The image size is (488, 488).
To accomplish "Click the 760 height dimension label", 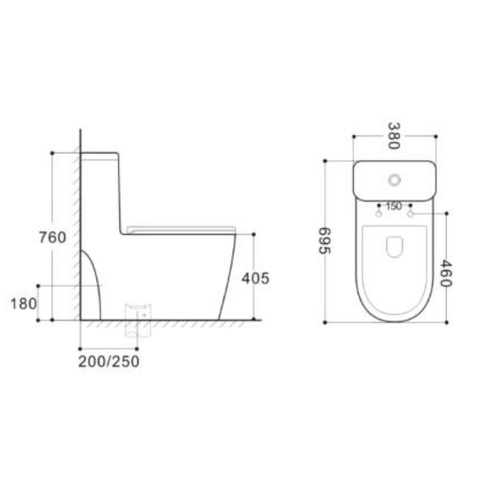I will (52, 237).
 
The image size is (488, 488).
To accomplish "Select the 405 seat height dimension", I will (255, 278).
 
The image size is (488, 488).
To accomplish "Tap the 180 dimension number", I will (24, 304).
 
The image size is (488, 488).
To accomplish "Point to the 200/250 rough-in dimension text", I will (109, 361).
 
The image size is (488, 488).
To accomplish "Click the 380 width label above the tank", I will (394, 136).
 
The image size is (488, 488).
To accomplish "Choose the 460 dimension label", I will (446, 273).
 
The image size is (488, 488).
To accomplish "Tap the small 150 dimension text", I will (394, 206).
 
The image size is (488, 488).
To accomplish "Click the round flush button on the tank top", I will (394, 180).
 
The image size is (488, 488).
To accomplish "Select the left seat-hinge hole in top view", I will (379, 214).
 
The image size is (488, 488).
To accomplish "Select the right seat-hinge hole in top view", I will (410, 214).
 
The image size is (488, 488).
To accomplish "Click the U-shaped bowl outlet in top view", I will (394, 247).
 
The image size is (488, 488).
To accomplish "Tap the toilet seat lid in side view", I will (181, 229).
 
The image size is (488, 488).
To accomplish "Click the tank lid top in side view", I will (99, 154).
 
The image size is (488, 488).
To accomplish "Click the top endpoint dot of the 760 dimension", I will (52, 153).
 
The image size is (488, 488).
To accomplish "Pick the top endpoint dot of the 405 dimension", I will (253, 234).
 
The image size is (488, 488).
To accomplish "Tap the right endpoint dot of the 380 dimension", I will (436, 136).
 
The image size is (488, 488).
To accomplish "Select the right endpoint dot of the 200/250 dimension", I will (137, 349).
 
